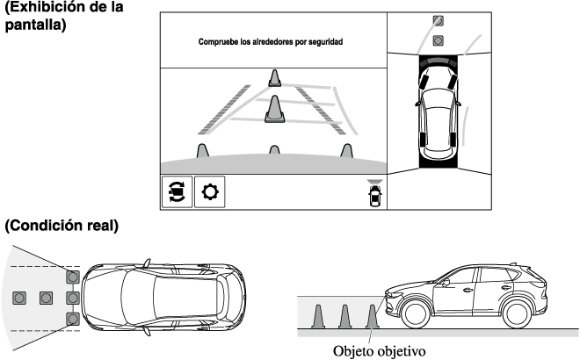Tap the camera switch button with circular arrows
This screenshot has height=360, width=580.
click(177, 191)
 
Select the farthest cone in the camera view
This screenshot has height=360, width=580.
click(275, 79)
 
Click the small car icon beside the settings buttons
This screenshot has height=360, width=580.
click(376, 196)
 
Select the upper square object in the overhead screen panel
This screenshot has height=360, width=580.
click(438, 19)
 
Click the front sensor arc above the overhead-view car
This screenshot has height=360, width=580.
click(438, 60)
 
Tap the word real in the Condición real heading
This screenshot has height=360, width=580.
click(103, 226)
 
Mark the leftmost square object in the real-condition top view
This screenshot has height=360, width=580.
click(19, 297)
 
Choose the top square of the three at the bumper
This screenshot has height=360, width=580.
click(74, 277)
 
